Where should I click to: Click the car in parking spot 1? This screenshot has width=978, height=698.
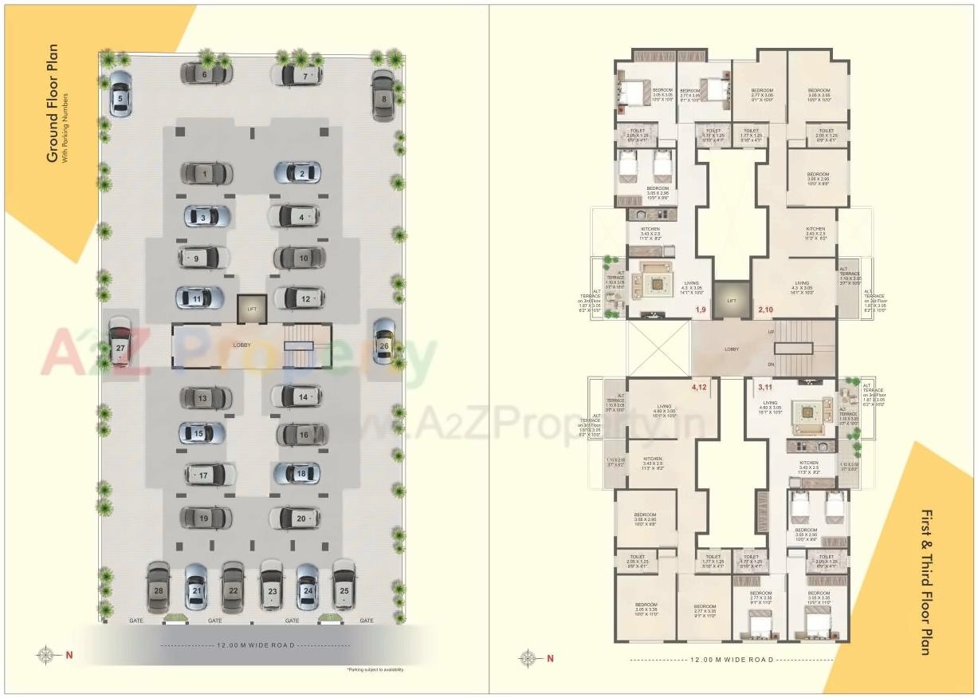[x=206, y=173]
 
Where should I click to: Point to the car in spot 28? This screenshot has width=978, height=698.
[x=159, y=588]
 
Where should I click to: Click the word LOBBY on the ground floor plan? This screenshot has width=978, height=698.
[x=242, y=345]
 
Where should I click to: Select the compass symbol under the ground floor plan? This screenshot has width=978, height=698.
[x=47, y=655]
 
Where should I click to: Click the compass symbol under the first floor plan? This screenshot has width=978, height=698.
[x=528, y=658]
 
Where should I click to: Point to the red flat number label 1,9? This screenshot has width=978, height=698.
[x=701, y=309]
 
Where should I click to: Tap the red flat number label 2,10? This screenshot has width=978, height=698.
[x=766, y=309]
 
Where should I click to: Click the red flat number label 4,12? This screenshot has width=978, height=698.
[x=700, y=387]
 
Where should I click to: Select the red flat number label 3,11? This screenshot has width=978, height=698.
[x=765, y=387]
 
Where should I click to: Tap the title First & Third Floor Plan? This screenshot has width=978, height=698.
[x=925, y=582]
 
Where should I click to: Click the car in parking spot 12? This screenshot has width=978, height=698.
[x=300, y=298]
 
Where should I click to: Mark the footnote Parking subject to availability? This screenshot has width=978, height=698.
[x=375, y=669]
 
